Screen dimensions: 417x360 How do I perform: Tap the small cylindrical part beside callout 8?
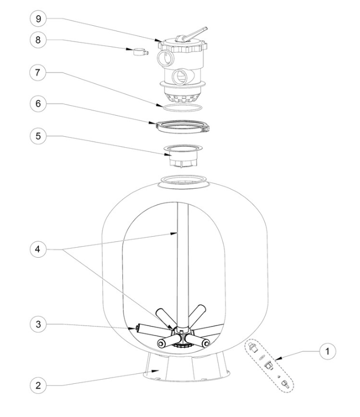coord(138,52)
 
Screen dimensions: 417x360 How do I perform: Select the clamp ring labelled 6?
coord(182,126)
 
